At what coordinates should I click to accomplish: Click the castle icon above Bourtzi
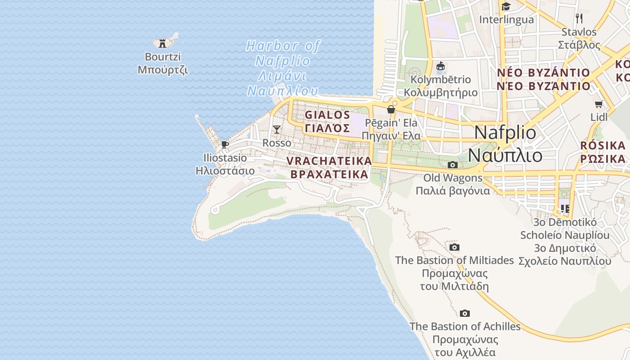click(x=162, y=43)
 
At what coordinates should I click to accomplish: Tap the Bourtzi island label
click(x=163, y=63)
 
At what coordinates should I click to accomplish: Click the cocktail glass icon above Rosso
click(x=277, y=130)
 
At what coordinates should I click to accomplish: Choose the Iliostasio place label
click(x=225, y=164)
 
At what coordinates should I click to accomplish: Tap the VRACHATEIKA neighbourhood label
click(x=329, y=167)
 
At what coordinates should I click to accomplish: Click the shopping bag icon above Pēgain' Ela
click(x=391, y=109)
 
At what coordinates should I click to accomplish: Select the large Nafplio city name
click(x=505, y=144)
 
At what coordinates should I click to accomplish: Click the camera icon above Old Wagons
click(x=453, y=165)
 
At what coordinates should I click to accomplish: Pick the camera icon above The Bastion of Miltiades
click(x=454, y=247)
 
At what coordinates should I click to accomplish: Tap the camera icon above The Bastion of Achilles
click(x=465, y=313)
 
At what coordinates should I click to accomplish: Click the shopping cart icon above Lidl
click(x=599, y=104)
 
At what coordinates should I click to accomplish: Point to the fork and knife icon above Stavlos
click(x=579, y=18)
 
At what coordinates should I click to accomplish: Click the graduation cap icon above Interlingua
click(x=506, y=6)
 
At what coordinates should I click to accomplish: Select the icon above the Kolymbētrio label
click(x=441, y=66)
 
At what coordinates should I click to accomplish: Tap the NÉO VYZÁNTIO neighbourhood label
click(x=543, y=79)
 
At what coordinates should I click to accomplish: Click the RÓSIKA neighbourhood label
click(x=603, y=152)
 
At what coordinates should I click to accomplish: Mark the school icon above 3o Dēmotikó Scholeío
click(x=565, y=208)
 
